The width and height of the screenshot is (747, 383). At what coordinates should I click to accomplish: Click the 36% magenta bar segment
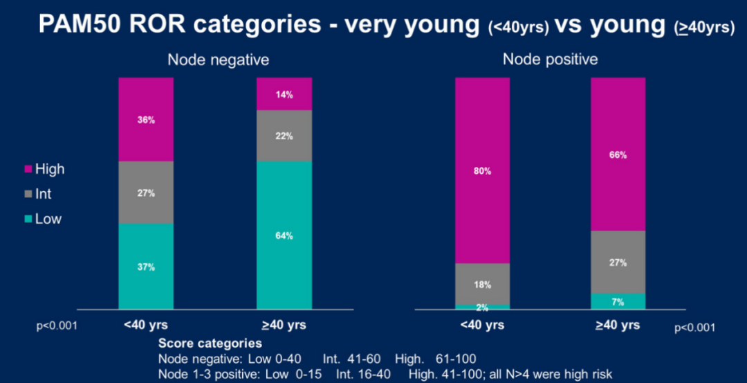[146, 119]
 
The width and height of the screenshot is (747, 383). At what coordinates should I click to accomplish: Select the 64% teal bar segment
[284, 235]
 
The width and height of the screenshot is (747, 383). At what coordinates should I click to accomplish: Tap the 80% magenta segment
[482, 170]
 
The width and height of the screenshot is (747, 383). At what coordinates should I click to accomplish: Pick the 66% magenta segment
[618, 154]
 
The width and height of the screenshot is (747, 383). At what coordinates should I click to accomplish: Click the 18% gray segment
[482, 284]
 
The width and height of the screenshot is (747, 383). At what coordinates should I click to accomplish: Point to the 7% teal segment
[618, 301]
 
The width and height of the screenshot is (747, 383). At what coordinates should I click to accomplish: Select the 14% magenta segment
[284, 93]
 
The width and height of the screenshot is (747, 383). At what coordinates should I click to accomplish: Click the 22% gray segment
[284, 136]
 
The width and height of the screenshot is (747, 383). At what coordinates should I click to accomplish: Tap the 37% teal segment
[146, 266]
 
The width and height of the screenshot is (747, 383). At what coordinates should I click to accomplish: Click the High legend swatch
[28, 169]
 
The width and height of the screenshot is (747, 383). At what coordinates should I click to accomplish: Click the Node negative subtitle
[218, 60]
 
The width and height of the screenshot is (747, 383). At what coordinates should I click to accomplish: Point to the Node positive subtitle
[550, 60]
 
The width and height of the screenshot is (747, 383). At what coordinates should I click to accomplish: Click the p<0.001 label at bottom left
[56, 325]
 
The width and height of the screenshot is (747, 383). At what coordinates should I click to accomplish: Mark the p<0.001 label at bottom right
[694, 328]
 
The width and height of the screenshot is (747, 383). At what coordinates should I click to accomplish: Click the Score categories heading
[210, 343]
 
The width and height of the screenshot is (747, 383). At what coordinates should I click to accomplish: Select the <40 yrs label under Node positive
[482, 325]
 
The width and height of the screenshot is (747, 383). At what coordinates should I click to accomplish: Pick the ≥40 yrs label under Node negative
[284, 325]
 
